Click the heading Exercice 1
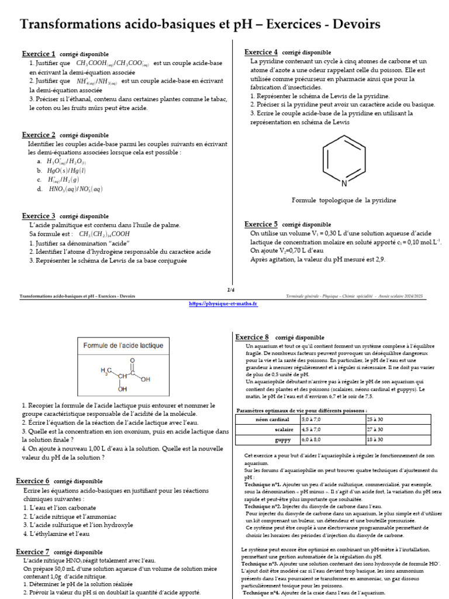pyautogui.click(x=39, y=54)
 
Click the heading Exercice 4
pyautogui.click(x=261, y=52)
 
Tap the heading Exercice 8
pyautogui.click(x=252, y=337)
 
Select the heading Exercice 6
pyautogui.click(x=33, y=481)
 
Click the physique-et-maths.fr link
pyautogui.click(x=224, y=304)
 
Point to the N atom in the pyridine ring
pyautogui.click(x=344, y=183)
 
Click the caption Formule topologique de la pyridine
pyautogui.click(x=344, y=200)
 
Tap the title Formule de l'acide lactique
pyautogui.click(x=123, y=345)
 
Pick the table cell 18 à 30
pyautogui.click(x=375, y=439)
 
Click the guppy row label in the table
pyautogui.click(x=282, y=439)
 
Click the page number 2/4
pyautogui.click(x=230, y=290)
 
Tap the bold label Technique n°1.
pyautogui.click(x=263, y=485)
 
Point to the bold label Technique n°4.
pyautogui.click(x=261, y=593)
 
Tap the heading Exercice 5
pyautogui.click(x=261, y=224)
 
